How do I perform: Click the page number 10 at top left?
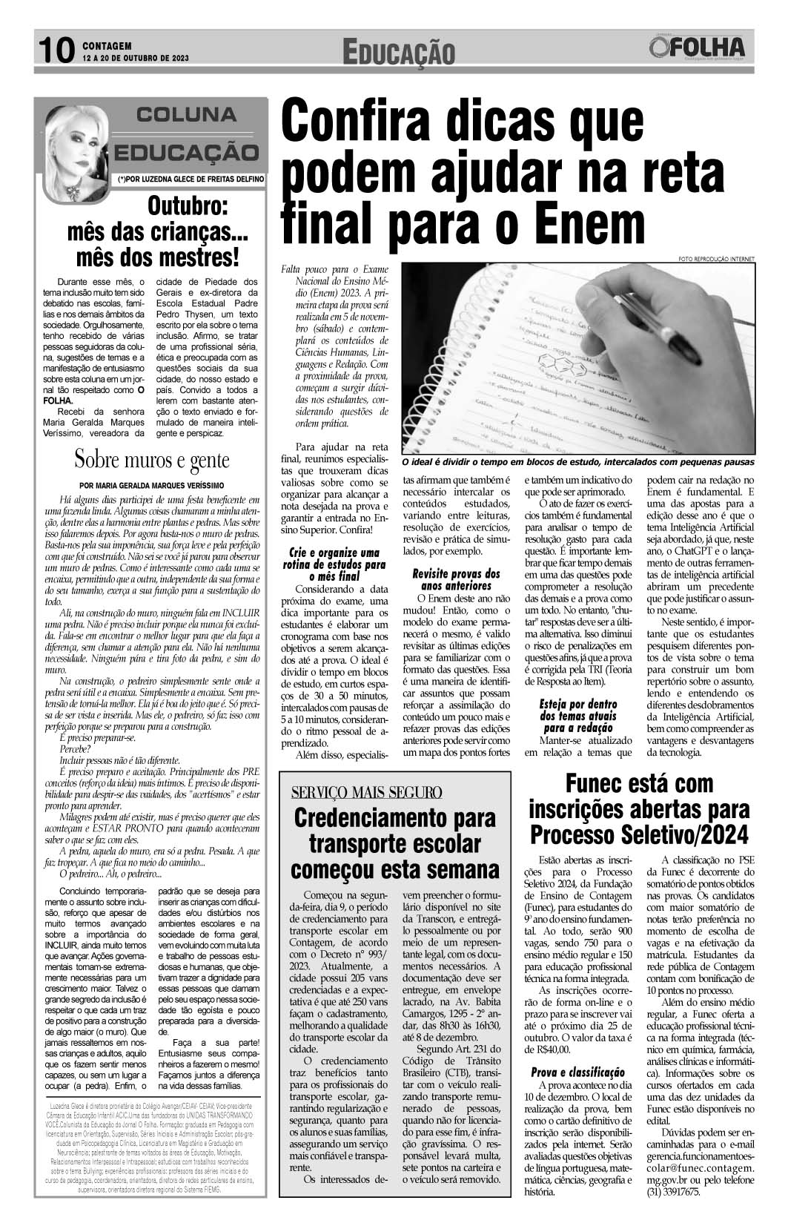click(x=56, y=50)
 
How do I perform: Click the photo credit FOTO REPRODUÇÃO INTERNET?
click(x=715, y=259)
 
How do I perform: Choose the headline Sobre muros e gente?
click(x=152, y=460)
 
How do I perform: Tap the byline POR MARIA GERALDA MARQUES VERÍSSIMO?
click(x=152, y=485)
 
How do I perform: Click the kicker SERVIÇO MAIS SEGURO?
click(x=367, y=792)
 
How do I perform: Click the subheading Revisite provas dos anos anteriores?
click(x=456, y=579)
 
